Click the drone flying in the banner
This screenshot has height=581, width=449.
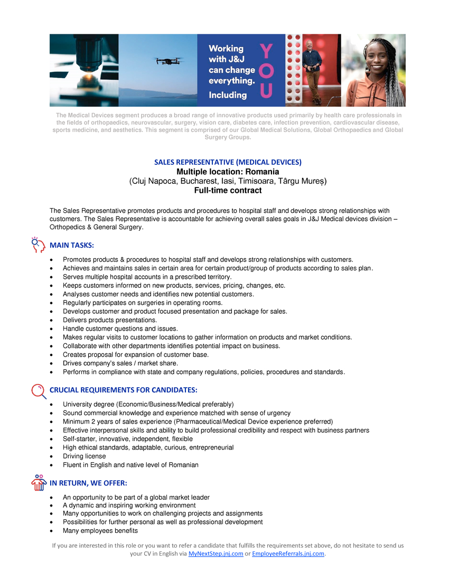[x=169, y=61]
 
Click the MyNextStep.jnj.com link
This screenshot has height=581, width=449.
[x=216, y=554]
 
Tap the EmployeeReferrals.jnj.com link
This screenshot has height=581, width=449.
[x=288, y=554]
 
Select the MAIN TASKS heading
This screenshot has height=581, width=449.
[x=72, y=245]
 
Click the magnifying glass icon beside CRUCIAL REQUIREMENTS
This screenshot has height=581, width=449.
[x=39, y=391]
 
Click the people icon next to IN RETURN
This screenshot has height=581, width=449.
[x=39, y=483]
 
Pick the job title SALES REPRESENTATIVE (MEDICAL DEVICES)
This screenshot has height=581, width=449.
[x=228, y=162]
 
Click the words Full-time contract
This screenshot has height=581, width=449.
[x=228, y=190]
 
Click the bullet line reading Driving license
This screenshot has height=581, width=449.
[x=84, y=456]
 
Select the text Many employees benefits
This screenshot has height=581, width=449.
[x=100, y=531]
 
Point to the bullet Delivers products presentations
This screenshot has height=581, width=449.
[x=110, y=320]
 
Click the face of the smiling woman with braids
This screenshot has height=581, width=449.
[x=376, y=58]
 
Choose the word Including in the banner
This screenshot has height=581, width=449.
[x=228, y=95]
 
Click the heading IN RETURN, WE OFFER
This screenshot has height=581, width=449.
[x=88, y=483]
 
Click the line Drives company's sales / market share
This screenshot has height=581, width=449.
[x=120, y=363]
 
